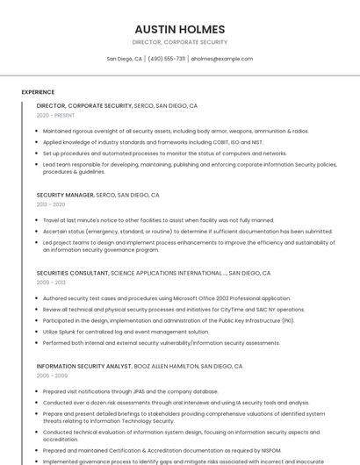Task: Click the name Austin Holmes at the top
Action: click(179, 29)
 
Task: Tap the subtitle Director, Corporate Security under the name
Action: click(179, 42)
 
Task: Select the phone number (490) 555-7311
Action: click(166, 59)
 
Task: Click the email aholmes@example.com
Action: click(221, 59)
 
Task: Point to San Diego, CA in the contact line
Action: click(124, 59)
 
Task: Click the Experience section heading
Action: click(38, 92)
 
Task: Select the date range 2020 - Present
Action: click(55, 115)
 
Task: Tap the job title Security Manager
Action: click(65, 195)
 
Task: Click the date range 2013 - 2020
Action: click(51, 204)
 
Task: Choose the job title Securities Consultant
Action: click(73, 273)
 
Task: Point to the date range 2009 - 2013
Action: click(51, 283)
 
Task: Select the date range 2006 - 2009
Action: click(51, 376)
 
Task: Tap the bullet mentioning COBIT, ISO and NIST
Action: click(153, 141)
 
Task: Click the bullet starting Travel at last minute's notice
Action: click(158, 220)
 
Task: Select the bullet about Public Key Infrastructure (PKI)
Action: click(169, 320)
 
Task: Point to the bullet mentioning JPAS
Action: click(130, 391)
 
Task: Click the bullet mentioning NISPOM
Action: click(162, 450)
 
